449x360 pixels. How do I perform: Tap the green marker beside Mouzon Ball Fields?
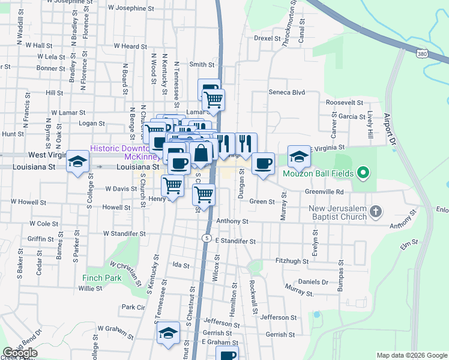tap(363, 174)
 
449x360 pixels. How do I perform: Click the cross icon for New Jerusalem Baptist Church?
tap(375, 211)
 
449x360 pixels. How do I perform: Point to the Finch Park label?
tap(102, 278)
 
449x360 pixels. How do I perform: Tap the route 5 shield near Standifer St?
tap(206, 238)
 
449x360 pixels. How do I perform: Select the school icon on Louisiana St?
tap(78, 161)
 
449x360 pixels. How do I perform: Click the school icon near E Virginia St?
tap(299, 157)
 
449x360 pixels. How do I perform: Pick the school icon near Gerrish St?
tap(169, 333)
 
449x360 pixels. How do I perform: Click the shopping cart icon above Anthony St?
tap(204, 194)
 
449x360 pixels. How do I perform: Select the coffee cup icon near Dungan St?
tap(263, 163)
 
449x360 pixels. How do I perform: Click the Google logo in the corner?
tap(20, 353)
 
